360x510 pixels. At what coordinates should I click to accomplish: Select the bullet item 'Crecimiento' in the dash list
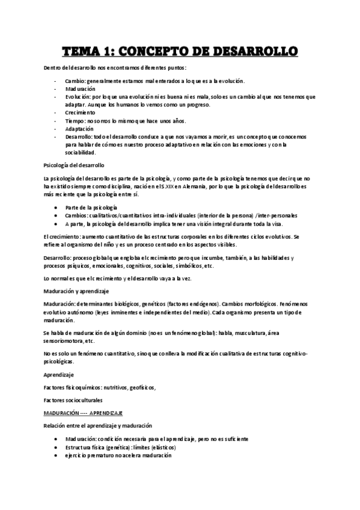tap(82, 112)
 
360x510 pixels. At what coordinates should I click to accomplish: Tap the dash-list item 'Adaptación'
tap(81, 129)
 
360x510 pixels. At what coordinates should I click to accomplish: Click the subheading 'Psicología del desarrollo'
tap(75, 165)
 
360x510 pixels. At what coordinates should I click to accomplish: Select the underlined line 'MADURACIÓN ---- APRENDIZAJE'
tap(83, 413)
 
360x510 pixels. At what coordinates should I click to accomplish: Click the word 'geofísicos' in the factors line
tap(141, 387)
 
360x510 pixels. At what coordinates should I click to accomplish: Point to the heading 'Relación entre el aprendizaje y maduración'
tap(98, 426)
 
